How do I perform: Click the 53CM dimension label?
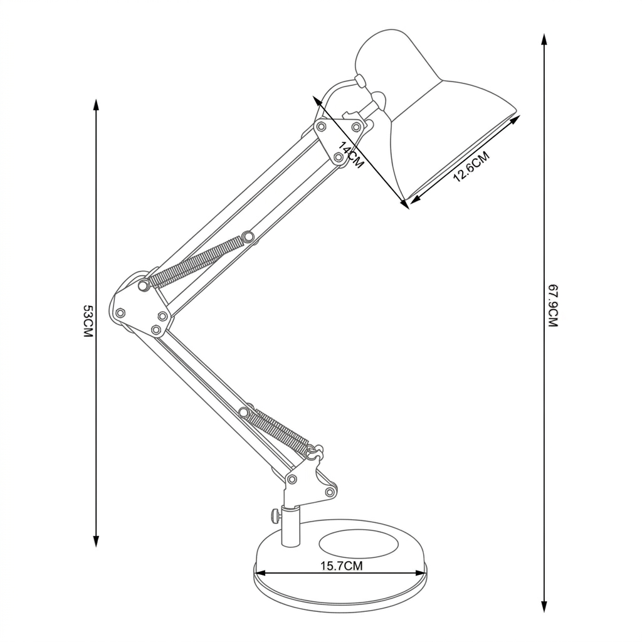[x=88, y=320]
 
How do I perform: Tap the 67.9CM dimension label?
[x=553, y=306]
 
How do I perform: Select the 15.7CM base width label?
[x=342, y=566]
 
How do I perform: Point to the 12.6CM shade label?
[x=471, y=167]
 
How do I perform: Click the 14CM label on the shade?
[x=351, y=155]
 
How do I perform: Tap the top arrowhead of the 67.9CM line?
[x=544, y=39]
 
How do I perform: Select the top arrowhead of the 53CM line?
[x=96, y=105]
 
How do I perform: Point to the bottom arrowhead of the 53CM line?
[x=96, y=541]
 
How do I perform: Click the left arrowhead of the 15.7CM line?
[x=260, y=572]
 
